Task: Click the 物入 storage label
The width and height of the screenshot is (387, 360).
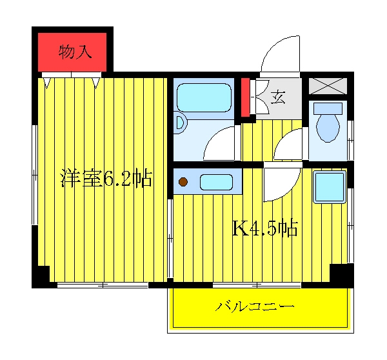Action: tap(75, 52)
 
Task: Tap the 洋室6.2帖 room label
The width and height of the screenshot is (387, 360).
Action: tap(106, 178)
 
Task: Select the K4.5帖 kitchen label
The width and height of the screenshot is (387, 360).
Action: tap(265, 228)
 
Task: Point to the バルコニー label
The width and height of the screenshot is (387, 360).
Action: tap(255, 306)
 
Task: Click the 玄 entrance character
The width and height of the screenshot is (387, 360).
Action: tap(278, 97)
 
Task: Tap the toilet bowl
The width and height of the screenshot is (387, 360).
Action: tap(328, 128)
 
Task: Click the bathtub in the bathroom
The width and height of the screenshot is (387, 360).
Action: tap(204, 98)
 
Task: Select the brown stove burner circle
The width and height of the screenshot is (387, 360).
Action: tap(183, 182)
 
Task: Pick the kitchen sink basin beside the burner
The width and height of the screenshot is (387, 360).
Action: tap(216, 182)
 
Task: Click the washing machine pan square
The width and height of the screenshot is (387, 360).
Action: tap(330, 186)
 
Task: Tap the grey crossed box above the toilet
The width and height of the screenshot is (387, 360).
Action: tap(328, 86)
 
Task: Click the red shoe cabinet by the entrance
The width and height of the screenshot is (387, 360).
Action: tap(245, 97)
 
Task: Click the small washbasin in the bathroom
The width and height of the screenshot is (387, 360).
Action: tap(180, 123)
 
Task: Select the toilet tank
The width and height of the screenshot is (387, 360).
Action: tap(328, 108)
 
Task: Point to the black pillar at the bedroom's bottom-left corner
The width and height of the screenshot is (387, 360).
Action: tap(41, 277)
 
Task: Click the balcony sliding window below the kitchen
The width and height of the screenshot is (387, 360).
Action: tap(257, 285)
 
